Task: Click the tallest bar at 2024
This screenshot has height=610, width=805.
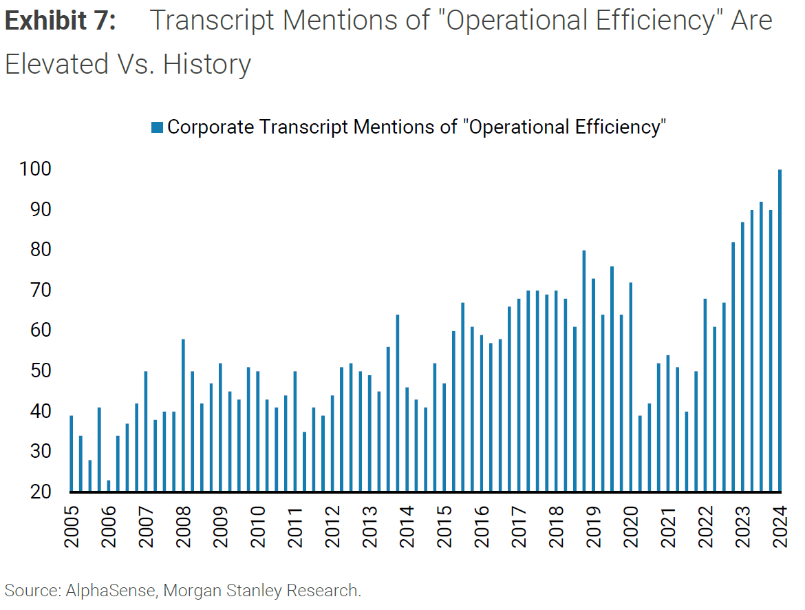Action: (780, 330)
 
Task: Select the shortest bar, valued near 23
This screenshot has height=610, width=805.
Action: (109, 485)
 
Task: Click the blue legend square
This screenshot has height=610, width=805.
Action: (156, 127)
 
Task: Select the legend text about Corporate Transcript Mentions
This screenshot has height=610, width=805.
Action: (416, 127)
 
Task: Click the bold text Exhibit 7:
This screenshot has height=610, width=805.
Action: (61, 21)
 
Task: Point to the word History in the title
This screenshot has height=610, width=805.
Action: (207, 65)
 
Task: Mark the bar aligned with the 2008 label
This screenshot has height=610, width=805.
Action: (183, 415)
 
